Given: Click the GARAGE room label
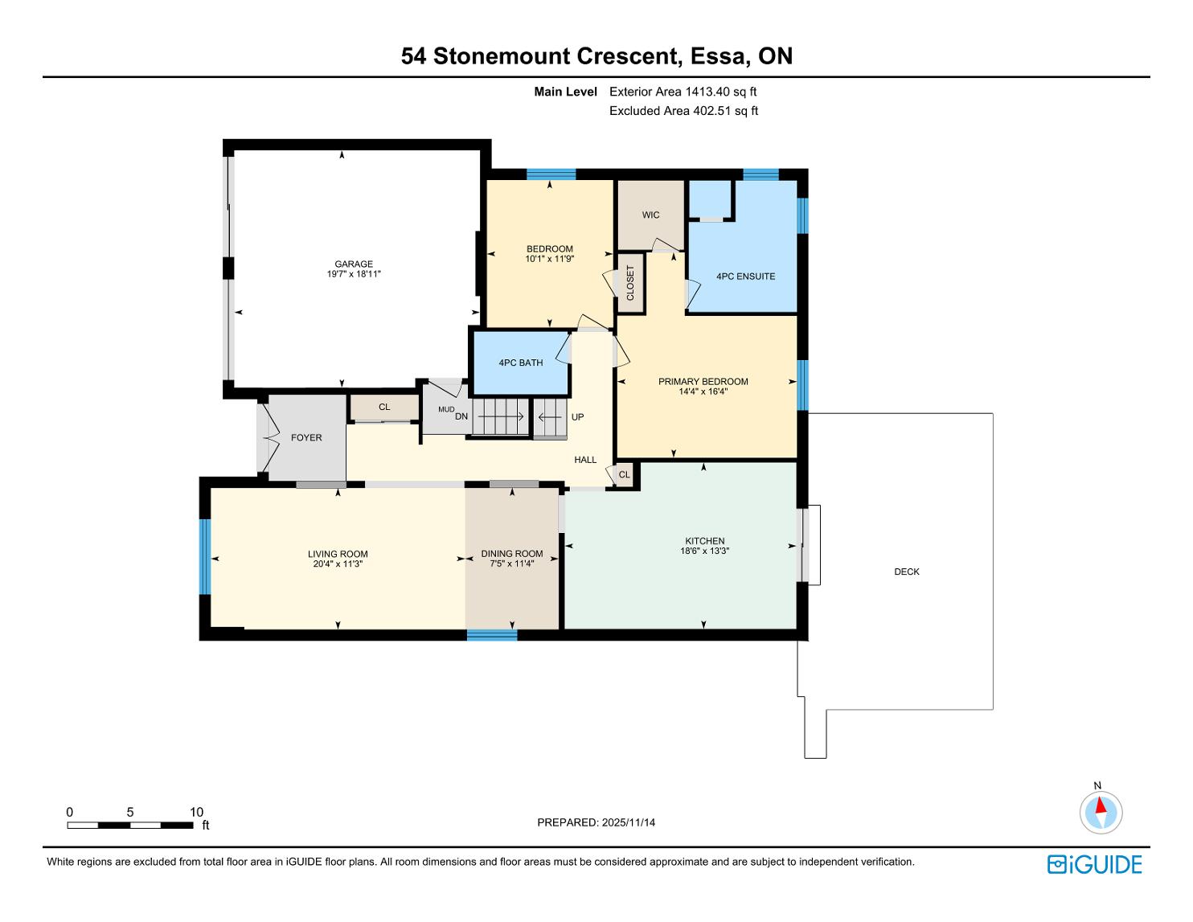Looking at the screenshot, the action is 354,264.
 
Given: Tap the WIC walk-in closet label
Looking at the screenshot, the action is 650,215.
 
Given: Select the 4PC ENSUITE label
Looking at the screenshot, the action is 745,277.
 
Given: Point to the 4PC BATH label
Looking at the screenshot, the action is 520,363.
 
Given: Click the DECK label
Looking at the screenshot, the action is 907,572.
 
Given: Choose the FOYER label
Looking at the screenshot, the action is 306,438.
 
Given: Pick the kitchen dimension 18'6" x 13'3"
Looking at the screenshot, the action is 704,551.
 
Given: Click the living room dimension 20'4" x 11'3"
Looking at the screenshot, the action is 338,563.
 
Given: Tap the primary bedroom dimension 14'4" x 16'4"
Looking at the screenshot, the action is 703,391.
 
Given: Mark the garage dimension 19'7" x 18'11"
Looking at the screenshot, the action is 354,274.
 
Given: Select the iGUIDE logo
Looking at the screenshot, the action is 1094,864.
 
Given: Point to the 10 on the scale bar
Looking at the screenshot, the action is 196,812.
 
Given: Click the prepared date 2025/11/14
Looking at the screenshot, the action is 628,822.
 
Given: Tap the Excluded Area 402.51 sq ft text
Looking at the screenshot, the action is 683,111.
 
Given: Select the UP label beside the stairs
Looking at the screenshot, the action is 577,417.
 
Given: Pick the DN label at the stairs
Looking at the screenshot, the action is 461,416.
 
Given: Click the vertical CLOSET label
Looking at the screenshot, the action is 630,283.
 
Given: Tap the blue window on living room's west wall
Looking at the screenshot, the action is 205,556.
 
